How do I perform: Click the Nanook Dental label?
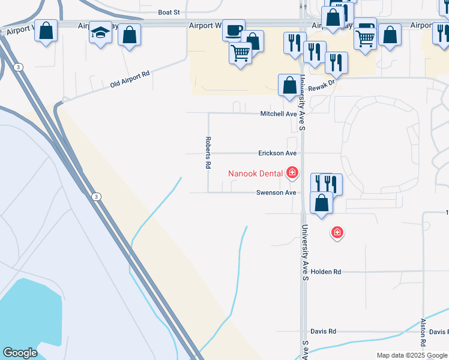pyautogui.click(x=255, y=174)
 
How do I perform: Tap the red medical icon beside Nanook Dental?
pyautogui.click(x=292, y=174)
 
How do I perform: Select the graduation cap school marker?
pyautogui.click(x=101, y=33)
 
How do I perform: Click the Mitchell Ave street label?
pyautogui.click(x=279, y=113)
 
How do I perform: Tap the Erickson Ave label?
pyautogui.click(x=277, y=154)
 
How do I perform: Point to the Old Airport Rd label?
pyautogui.click(x=129, y=80)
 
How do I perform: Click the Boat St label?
pyautogui.click(x=169, y=12)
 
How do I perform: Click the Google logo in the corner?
pyautogui.click(x=20, y=353)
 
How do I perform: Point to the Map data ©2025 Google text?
pyautogui.click(x=411, y=355)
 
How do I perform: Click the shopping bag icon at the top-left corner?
pyautogui.click(x=46, y=31)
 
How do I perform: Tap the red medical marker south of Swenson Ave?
pyautogui.click(x=337, y=232)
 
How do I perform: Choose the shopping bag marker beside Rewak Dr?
pyautogui.click(x=289, y=85)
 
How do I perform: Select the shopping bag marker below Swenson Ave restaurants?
pyautogui.click(x=322, y=203)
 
